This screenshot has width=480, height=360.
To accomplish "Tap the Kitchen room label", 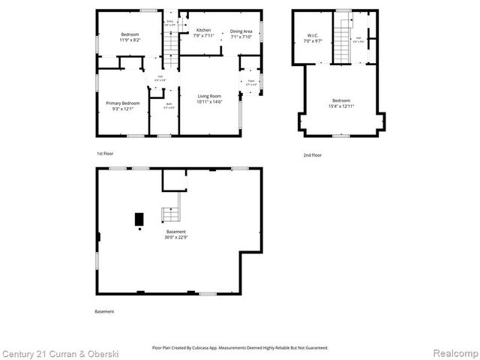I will click(203, 30).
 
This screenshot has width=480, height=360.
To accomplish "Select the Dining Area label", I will click(241, 30).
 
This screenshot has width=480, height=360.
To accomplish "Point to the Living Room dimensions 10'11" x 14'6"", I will click(209, 101).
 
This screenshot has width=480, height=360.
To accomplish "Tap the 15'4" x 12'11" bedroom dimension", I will click(342, 106).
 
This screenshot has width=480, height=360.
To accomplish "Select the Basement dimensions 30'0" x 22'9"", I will click(175, 237).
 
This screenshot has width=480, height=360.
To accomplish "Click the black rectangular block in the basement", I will click(139, 219).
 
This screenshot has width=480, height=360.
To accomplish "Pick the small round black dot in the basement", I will click(139, 230).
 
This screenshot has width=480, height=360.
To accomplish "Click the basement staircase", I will click(172, 214).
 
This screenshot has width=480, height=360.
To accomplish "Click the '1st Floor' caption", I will click(105, 154).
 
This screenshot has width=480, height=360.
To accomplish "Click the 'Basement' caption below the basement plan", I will click(105, 311).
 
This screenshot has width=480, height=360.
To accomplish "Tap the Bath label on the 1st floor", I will click(169, 106).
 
